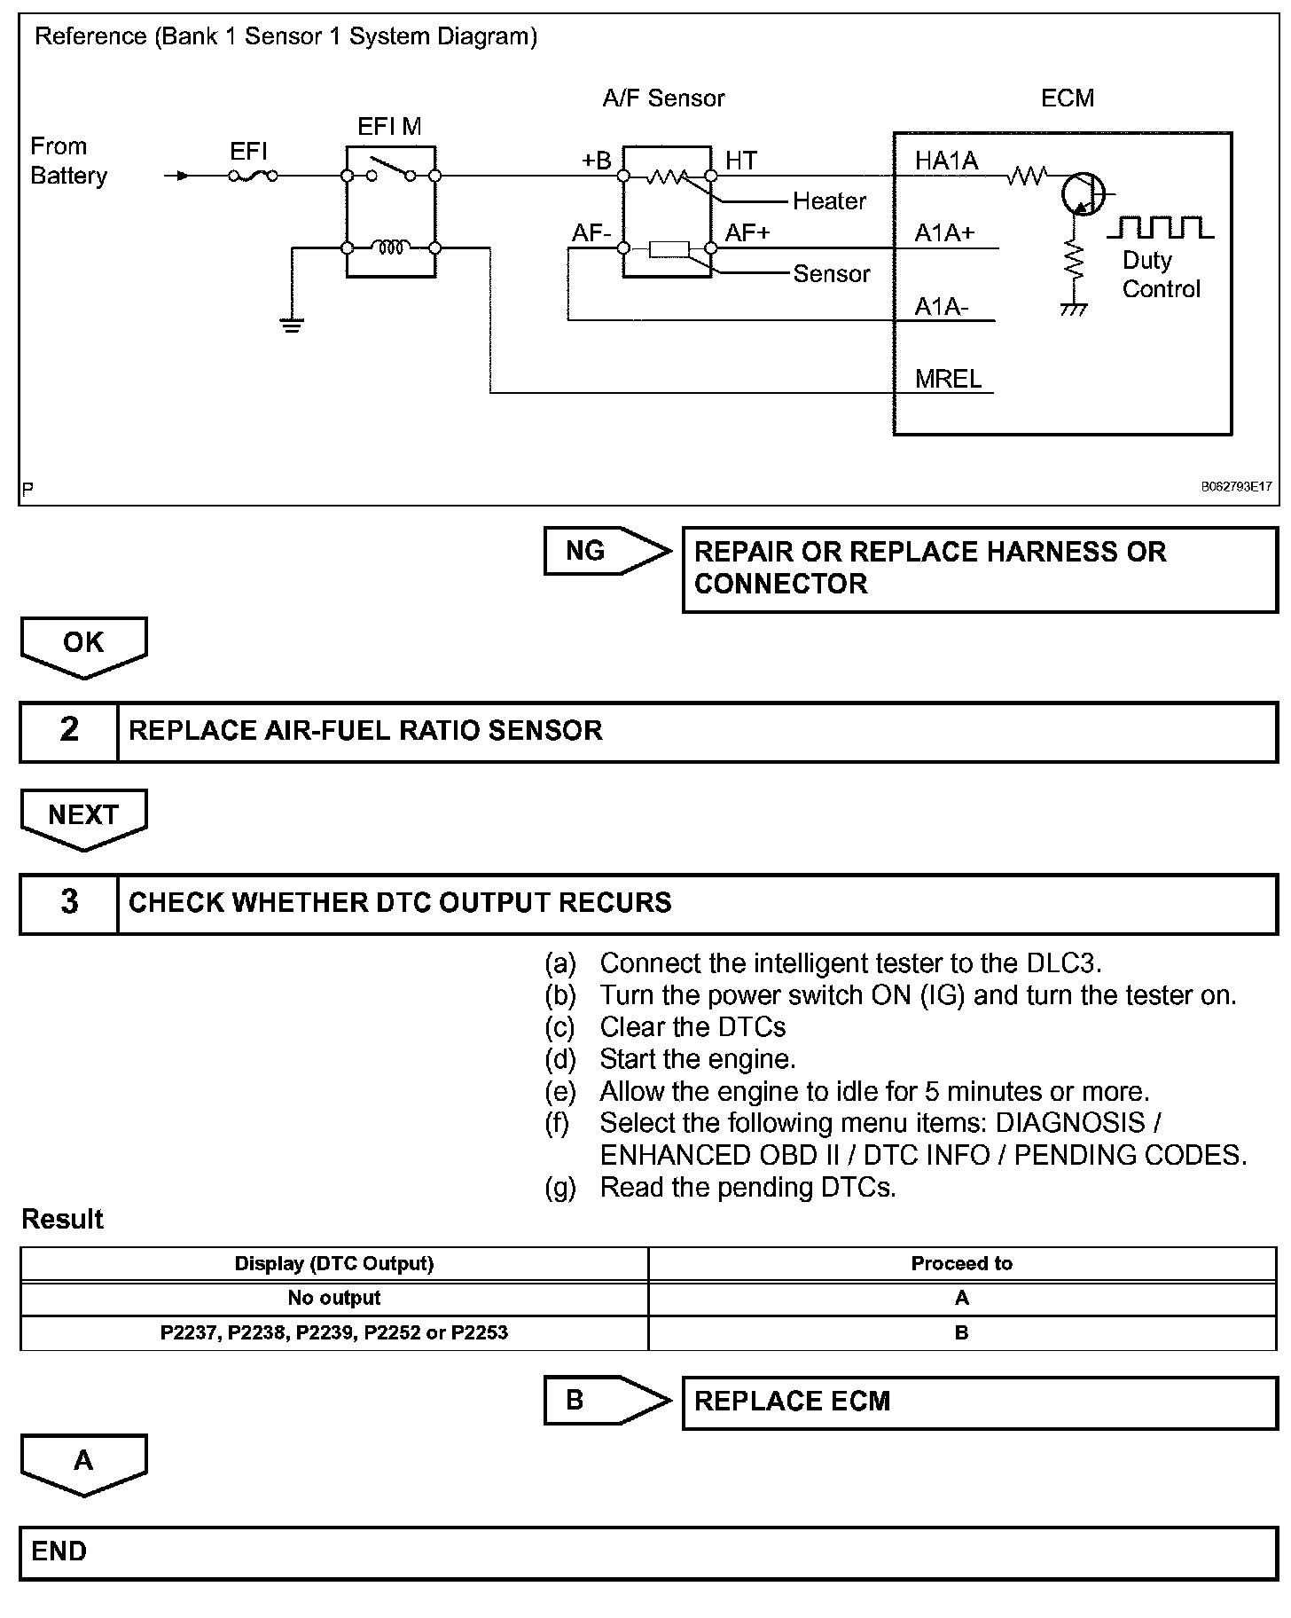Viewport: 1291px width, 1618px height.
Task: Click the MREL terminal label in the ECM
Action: (948, 379)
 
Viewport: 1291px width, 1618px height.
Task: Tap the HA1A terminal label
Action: (946, 161)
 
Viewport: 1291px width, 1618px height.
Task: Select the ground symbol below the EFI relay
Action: (292, 324)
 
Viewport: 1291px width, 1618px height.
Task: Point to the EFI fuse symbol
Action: (253, 176)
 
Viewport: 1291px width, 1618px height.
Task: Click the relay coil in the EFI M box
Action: (391, 247)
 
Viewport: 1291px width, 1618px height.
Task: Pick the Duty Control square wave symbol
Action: (1161, 228)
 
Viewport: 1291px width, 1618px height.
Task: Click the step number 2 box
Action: (69, 730)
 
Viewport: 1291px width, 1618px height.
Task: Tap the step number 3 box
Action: (69, 902)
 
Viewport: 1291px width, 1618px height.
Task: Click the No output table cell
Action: (334, 1298)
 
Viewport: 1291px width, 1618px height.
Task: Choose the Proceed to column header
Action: (961, 1263)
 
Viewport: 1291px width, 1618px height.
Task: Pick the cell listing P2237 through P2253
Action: (334, 1332)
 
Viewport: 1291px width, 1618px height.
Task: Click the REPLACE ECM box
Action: (979, 1402)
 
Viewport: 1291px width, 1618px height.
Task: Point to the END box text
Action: (59, 1551)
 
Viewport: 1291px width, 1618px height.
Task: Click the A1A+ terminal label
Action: (944, 233)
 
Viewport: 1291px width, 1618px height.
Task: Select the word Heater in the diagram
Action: (829, 201)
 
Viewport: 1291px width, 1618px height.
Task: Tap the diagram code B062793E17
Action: (1236, 487)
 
